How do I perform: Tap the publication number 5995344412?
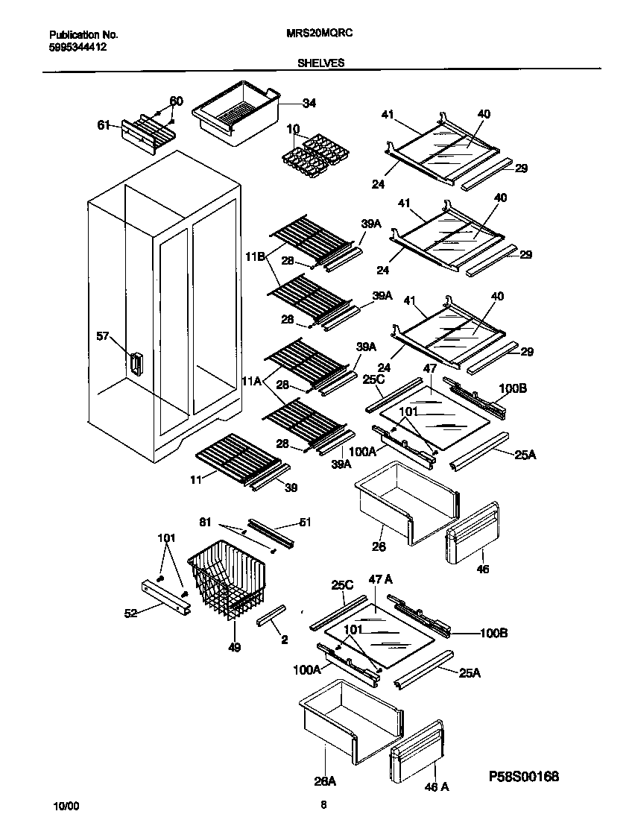point(78,46)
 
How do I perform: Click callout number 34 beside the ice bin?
point(309,104)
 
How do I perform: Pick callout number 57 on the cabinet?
point(104,336)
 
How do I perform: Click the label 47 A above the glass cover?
point(380,579)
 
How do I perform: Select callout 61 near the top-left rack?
point(104,124)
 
